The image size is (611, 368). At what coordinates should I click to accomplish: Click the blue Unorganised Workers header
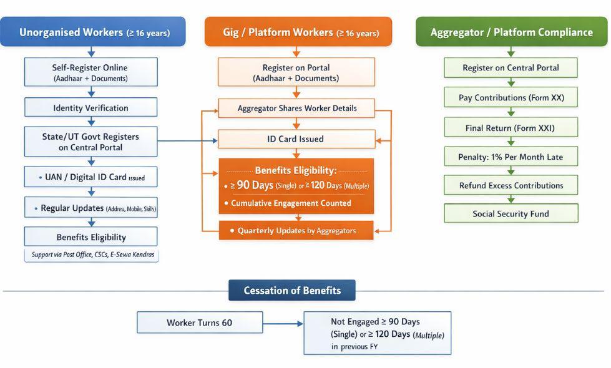(93, 32)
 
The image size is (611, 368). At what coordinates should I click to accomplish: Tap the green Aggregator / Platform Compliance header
(511, 32)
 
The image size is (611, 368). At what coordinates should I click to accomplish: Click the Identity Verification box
(90, 108)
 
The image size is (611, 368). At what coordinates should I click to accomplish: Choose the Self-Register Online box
(90, 72)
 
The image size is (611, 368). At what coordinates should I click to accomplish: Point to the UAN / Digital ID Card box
(90, 177)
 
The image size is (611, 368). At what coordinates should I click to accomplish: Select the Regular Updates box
(90, 208)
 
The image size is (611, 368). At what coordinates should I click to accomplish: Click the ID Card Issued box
(296, 139)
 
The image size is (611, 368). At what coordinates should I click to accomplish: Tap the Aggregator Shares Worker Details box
(296, 108)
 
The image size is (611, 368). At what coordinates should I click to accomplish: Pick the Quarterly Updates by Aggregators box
(296, 230)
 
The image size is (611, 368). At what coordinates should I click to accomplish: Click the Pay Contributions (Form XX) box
(511, 98)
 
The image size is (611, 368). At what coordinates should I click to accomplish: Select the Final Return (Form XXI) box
(511, 128)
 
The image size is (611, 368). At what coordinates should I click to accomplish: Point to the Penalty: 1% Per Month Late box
(511, 157)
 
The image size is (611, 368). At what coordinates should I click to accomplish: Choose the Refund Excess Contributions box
(511, 185)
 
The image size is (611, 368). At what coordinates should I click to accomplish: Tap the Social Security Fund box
(511, 214)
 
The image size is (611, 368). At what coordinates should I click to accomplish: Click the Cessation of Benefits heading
(292, 291)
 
